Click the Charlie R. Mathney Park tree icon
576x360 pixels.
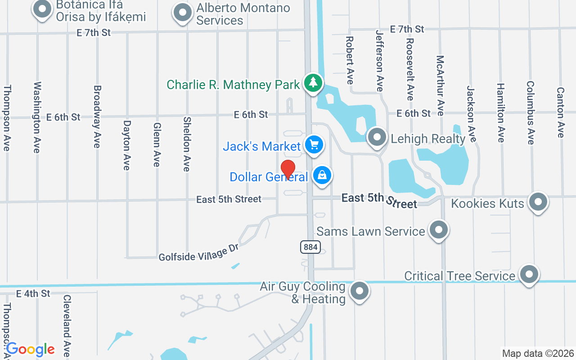click(x=313, y=83)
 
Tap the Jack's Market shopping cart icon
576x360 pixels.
click(x=314, y=145)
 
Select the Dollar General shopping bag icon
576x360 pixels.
click(x=322, y=175)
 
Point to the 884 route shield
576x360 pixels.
click(x=310, y=247)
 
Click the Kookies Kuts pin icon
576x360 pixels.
click(x=538, y=202)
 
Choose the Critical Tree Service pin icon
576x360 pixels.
click(x=529, y=274)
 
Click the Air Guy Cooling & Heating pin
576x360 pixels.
click(x=359, y=291)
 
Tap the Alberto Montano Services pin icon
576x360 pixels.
click(x=182, y=13)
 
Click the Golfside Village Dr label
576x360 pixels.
click(x=198, y=254)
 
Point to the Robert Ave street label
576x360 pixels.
click(x=350, y=60)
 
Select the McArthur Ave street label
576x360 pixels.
click(x=440, y=85)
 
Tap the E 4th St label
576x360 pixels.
click(x=33, y=294)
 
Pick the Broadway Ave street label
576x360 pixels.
click(x=96, y=117)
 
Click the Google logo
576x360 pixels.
click(x=31, y=349)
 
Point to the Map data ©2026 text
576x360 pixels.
click(x=538, y=353)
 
